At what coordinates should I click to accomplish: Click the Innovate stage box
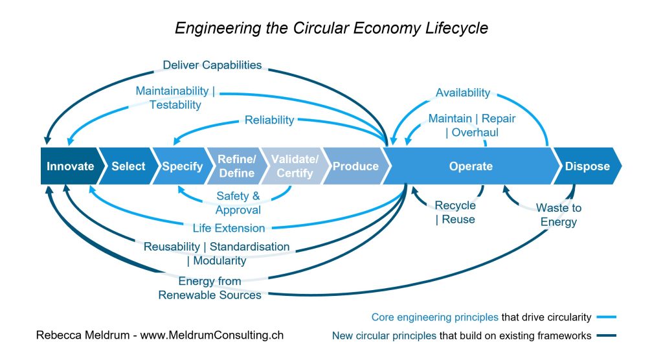70,166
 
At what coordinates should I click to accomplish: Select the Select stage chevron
128,166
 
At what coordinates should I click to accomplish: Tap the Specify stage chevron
182,166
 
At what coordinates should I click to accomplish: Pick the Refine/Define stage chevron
236,166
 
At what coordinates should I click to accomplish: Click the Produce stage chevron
355,166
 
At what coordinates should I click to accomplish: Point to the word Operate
471,166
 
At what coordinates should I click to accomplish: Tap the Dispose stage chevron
587,166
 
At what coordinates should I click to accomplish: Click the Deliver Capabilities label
212,65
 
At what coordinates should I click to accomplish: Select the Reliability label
269,120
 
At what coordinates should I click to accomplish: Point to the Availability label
463,93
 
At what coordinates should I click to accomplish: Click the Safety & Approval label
238,203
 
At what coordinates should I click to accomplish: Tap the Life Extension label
229,228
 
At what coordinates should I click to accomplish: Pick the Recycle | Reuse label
455,212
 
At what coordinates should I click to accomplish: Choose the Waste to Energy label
558,215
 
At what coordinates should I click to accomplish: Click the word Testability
175,105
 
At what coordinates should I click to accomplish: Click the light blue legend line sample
607,317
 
